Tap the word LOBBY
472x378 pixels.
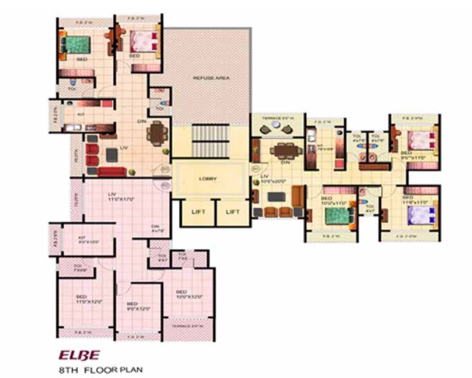click(x=208, y=178)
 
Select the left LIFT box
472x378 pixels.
click(x=198, y=212)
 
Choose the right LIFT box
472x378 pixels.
click(x=234, y=212)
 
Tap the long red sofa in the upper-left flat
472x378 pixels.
click(x=111, y=172)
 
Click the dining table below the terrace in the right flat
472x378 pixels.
click(x=286, y=150)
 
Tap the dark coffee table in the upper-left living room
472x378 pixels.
click(x=112, y=155)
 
